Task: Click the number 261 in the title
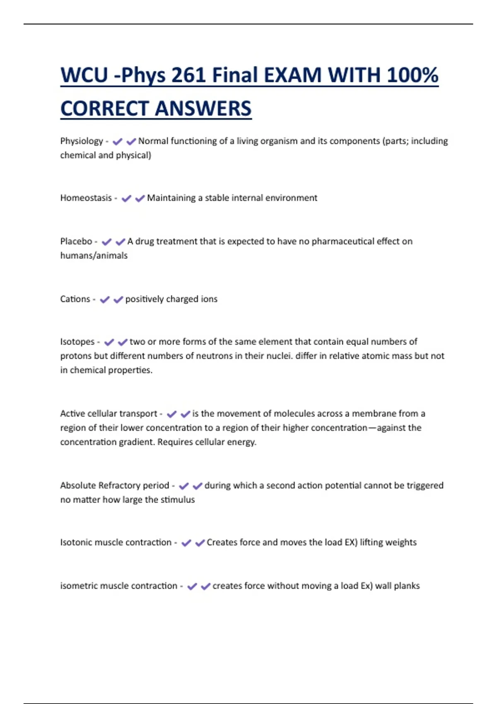(x=188, y=75)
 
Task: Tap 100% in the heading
(x=413, y=75)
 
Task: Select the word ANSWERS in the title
(x=203, y=109)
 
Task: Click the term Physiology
(x=82, y=141)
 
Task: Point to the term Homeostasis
(x=86, y=198)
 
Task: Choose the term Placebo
(x=76, y=241)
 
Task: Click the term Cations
(x=75, y=299)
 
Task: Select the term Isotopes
(x=77, y=342)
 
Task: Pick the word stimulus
(x=177, y=499)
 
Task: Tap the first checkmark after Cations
(x=105, y=299)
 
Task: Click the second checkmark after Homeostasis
(x=140, y=198)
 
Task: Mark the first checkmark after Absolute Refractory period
(x=183, y=486)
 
